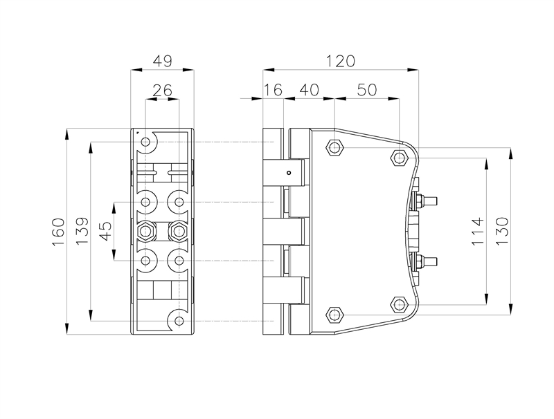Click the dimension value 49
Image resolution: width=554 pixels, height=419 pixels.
(162, 62)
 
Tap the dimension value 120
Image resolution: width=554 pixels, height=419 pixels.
(341, 62)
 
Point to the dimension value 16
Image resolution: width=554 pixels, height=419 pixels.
(274, 91)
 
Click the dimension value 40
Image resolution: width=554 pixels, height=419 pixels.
(309, 91)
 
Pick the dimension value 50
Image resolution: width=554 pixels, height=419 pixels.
(367, 91)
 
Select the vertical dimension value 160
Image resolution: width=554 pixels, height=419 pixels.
(58, 232)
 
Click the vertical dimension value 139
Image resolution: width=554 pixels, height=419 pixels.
(81, 232)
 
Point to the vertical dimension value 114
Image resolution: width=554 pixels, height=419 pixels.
(476, 230)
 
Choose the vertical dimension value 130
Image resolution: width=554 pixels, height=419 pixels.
(502, 230)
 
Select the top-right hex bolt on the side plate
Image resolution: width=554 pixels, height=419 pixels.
(399, 158)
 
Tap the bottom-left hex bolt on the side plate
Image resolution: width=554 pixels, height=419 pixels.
(335, 315)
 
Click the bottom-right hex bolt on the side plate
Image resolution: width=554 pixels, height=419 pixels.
(399, 304)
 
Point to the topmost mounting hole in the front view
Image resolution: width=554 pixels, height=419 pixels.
(146, 143)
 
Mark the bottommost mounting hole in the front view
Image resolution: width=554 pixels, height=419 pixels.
(179, 322)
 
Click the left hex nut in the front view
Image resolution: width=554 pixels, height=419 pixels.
(146, 230)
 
